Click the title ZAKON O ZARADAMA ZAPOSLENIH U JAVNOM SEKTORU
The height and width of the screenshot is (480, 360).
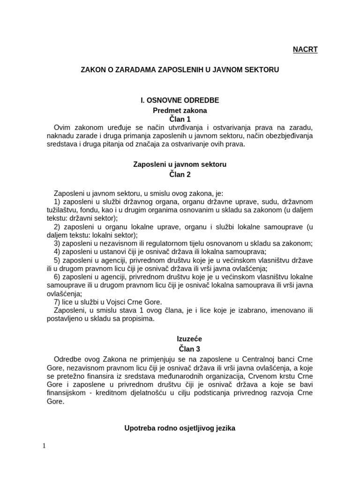[180, 70]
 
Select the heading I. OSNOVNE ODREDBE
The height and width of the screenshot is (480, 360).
[180, 100]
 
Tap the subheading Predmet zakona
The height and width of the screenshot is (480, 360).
[180, 111]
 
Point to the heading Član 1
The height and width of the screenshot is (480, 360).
[180, 120]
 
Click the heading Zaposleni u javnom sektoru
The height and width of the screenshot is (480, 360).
[180, 165]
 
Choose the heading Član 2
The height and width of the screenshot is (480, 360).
[180, 174]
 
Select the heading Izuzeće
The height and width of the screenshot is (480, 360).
[180, 338]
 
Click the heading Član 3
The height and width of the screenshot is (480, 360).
[180, 348]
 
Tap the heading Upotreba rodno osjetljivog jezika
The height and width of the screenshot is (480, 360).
[180, 427]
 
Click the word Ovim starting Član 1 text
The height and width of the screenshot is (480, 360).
[63, 128]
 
